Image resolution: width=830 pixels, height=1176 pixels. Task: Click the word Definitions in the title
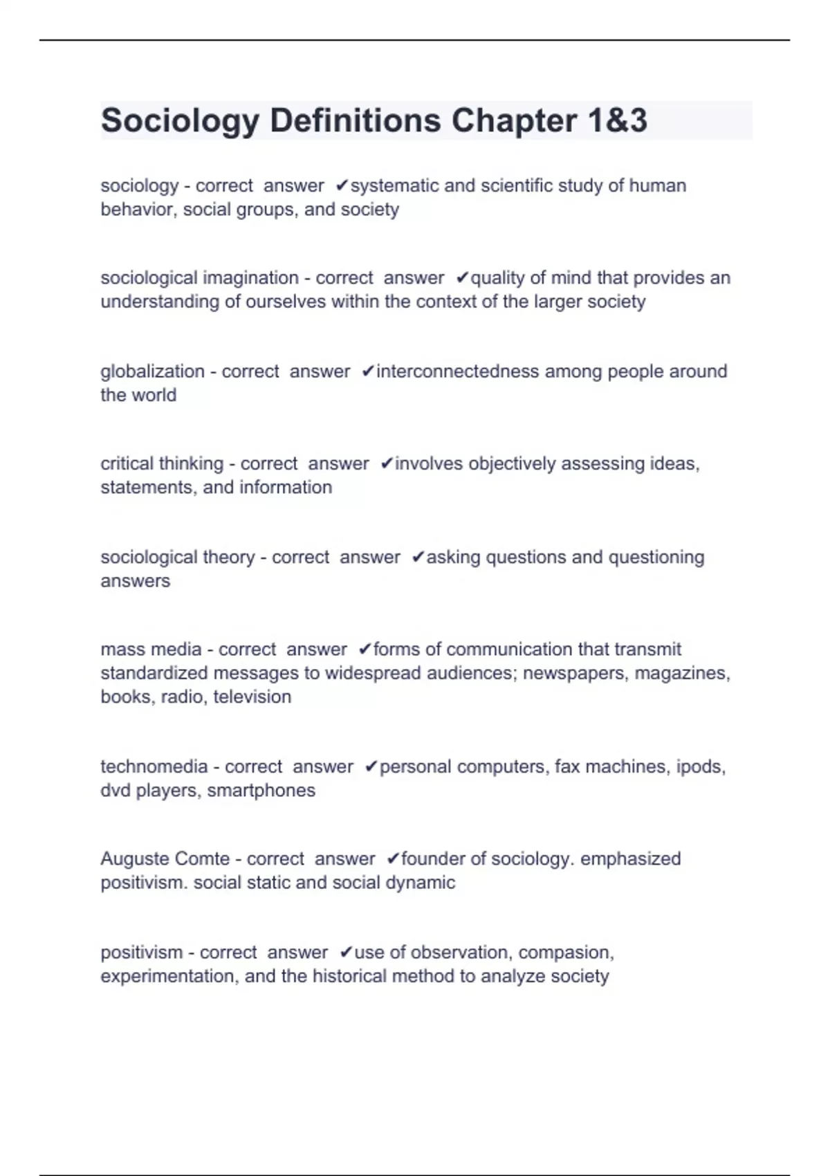click(x=355, y=120)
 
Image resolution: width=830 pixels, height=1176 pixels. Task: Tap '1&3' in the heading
click(x=618, y=120)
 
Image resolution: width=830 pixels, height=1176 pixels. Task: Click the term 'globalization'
click(x=152, y=371)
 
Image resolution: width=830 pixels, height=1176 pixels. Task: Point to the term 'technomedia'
click(x=154, y=766)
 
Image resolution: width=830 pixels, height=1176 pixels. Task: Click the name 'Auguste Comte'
click(x=165, y=858)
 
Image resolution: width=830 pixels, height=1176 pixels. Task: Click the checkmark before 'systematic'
click(x=342, y=185)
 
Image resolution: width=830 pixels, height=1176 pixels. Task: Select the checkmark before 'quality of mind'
click(x=462, y=278)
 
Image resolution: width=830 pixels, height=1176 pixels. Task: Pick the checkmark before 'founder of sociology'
click(x=392, y=858)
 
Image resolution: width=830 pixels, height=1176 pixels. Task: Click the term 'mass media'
click(x=151, y=650)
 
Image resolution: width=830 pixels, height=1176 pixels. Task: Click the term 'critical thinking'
click(x=162, y=463)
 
